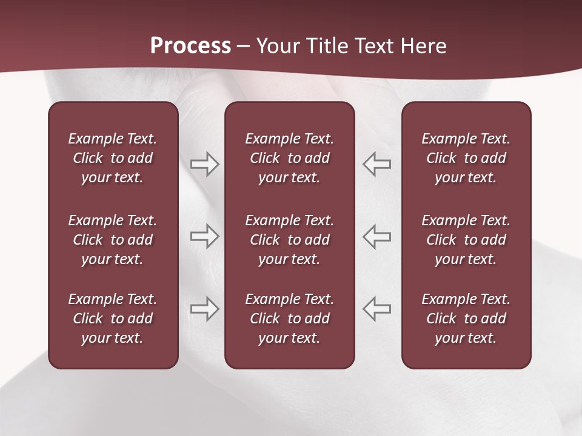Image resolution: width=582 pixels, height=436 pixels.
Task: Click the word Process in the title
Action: pos(190,46)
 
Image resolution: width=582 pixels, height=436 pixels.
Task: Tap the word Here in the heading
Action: pos(424,46)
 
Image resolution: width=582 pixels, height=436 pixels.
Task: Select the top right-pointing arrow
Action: pos(204,164)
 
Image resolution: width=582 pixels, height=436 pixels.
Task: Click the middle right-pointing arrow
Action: pos(204,236)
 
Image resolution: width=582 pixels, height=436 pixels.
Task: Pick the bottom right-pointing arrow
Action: pos(204,309)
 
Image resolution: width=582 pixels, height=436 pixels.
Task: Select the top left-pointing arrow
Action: pos(377,164)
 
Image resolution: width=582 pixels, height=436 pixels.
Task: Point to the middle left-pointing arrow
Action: pos(377,236)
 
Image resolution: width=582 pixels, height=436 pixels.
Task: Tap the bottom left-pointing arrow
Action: pos(377,309)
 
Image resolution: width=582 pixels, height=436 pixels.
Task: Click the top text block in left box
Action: pos(113,158)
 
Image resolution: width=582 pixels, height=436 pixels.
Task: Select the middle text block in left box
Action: pos(113,240)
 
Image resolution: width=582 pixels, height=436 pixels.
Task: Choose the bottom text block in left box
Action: pos(113,319)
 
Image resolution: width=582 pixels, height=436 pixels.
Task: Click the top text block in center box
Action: pos(289,158)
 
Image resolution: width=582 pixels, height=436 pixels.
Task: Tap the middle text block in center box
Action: pos(289,240)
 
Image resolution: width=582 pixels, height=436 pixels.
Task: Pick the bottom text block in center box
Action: pos(289,319)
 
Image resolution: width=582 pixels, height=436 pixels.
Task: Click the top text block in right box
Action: pos(466,158)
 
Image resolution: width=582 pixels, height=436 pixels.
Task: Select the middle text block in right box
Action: pos(466,240)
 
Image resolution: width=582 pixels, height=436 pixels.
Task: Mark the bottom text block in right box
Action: pos(466,319)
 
